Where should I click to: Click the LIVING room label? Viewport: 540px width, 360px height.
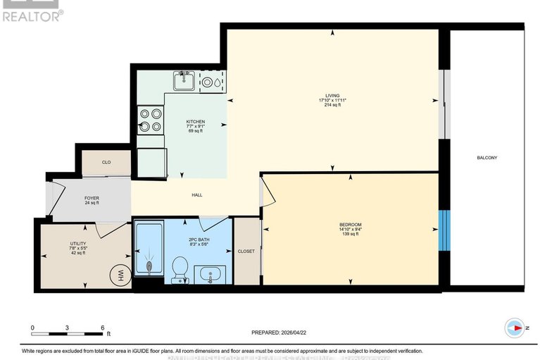pyautogui.click(x=332, y=95)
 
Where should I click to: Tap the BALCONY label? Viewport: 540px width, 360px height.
pyautogui.click(x=486, y=158)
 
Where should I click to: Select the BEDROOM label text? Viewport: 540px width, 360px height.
pyautogui.click(x=349, y=224)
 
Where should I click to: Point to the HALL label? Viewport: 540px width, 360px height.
pyautogui.click(x=196, y=195)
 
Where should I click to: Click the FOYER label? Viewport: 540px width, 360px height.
pyautogui.click(x=92, y=199)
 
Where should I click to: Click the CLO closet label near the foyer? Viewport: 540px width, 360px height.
pyautogui.click(x=106, y=162)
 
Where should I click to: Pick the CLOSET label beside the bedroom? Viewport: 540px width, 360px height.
pyautogui.click(x=246, y=251)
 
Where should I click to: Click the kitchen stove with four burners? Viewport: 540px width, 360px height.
pyautogui.click(x=150, y=119)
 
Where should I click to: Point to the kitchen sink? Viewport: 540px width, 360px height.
pyautogui.click(x=185, y=81)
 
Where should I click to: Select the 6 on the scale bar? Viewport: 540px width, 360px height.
pyautogui.click(x=102, y=328)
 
